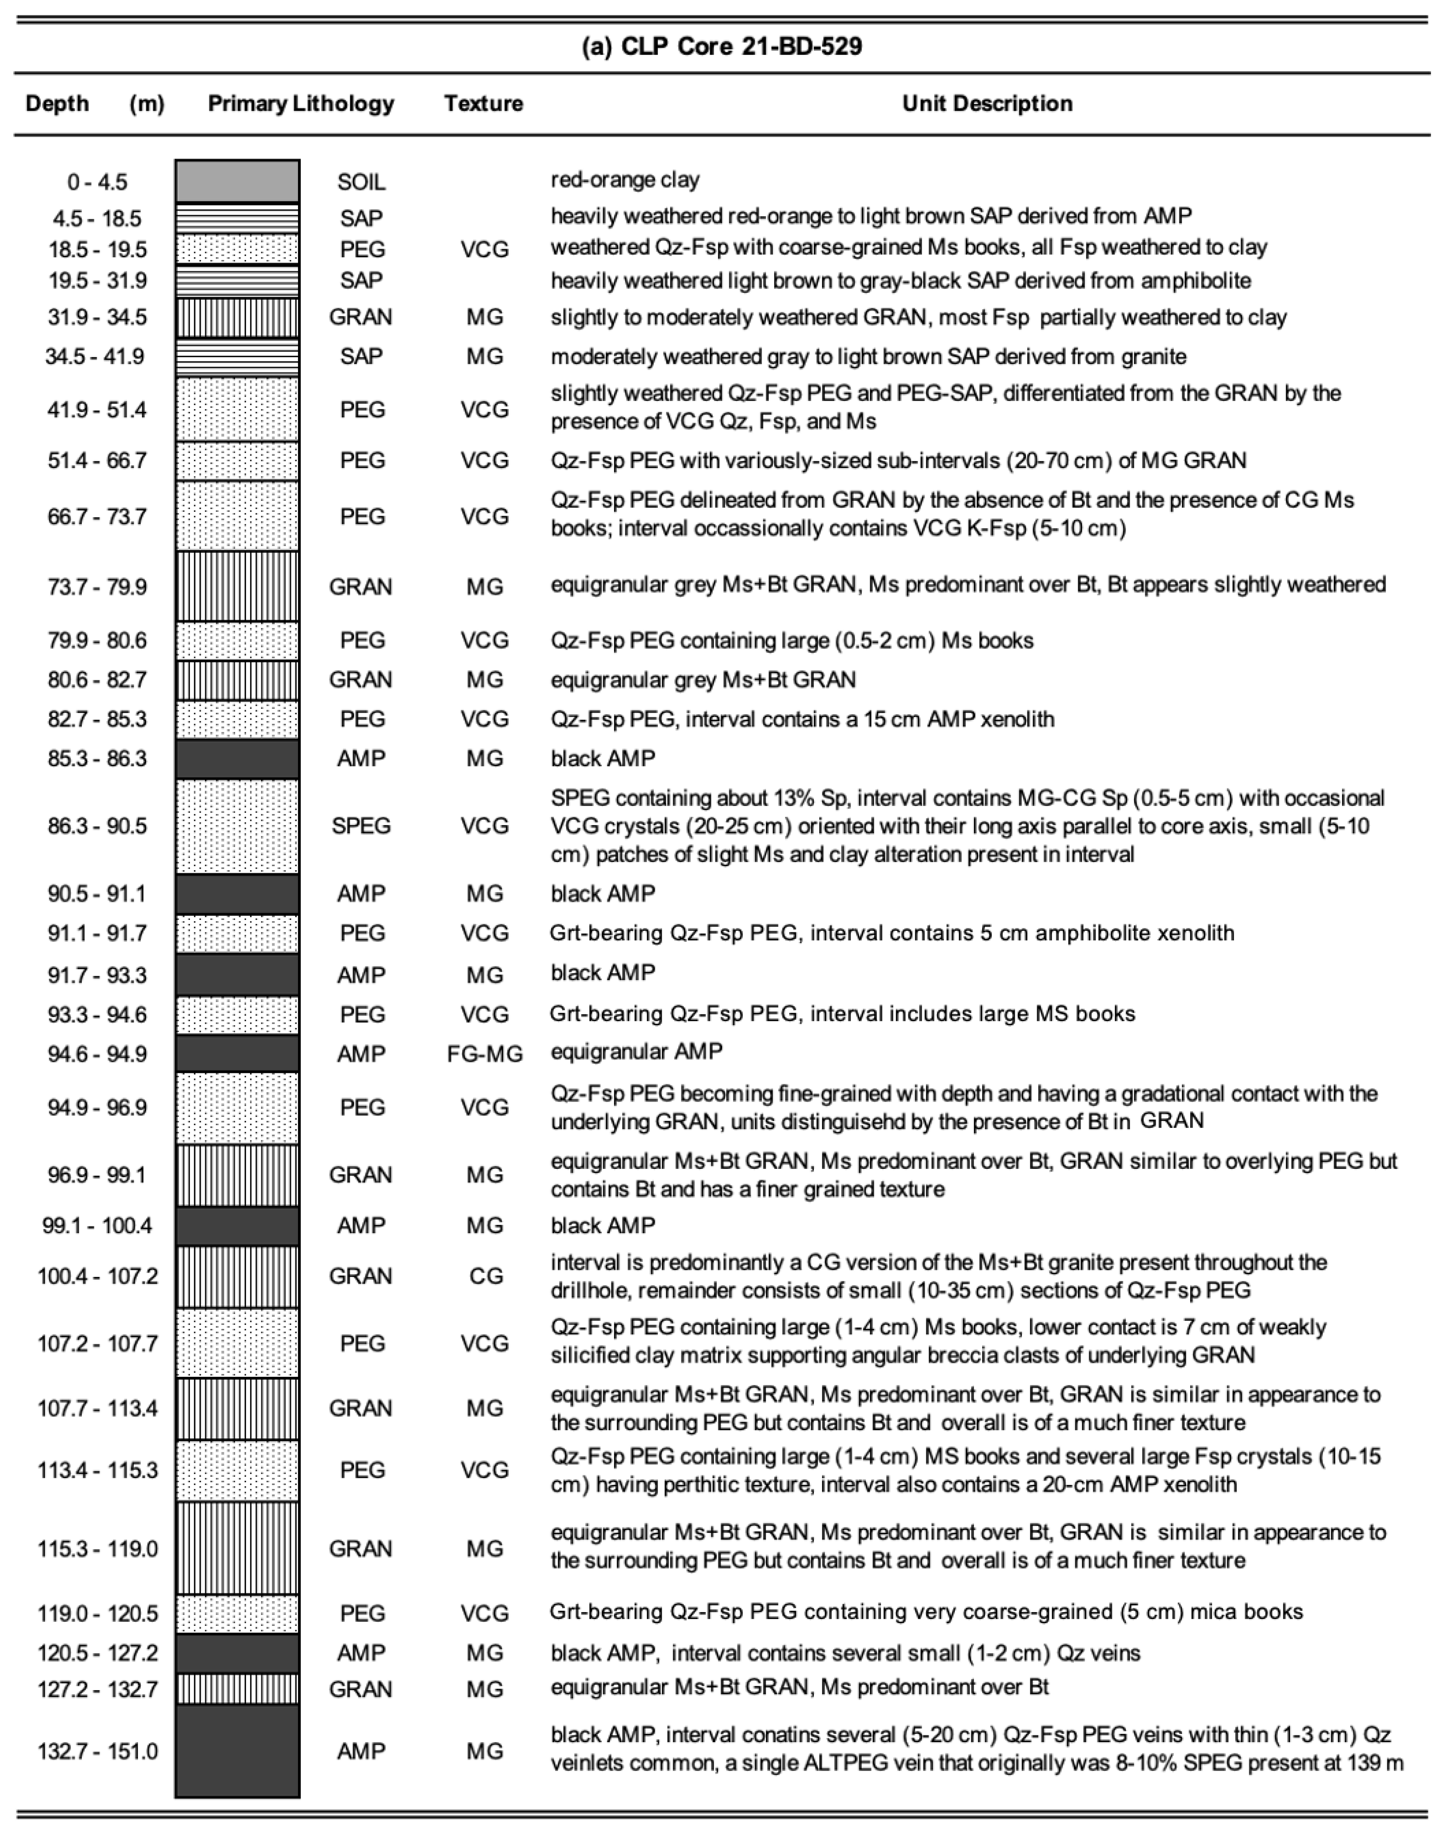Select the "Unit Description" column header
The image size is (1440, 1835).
987,104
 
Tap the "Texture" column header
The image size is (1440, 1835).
484,104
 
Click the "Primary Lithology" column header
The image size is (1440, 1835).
301,104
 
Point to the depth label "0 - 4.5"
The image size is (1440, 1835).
97,182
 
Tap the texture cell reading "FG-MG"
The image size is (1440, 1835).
485,1054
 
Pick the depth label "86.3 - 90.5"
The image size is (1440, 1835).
97,826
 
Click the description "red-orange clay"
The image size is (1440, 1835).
625,179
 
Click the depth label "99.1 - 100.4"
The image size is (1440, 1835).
97,1226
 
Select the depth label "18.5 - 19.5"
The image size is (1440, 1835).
97,249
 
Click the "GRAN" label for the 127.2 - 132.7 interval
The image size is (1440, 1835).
361,1689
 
